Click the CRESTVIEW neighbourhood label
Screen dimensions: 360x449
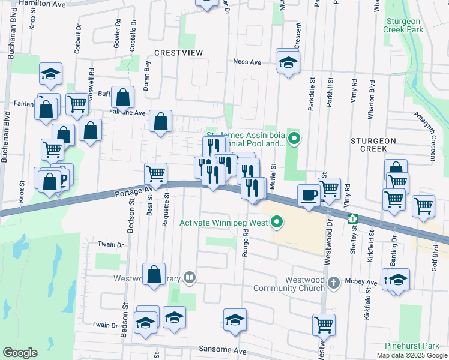pos(178,53)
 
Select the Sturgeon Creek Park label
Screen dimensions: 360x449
pos(411,25)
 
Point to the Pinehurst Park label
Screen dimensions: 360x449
pos(412,346)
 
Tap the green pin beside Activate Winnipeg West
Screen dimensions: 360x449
pos(277,223)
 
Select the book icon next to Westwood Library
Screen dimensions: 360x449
pos(189,277)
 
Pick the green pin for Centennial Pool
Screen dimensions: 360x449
pos(294,140)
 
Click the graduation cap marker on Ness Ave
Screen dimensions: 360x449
pos(289,62)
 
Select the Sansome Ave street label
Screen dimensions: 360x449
pos(222,350)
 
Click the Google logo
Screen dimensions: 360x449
pos(20,353)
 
